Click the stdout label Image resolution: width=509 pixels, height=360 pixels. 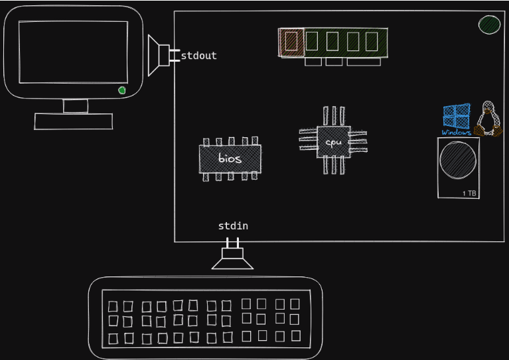(198, 56)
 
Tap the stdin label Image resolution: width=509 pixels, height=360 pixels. (233, 226)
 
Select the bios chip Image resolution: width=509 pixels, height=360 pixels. (230, 159)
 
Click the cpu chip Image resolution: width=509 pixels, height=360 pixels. (333, 142)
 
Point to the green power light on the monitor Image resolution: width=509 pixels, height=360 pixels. (121, 90)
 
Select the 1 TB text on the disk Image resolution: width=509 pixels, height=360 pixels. (469, 193)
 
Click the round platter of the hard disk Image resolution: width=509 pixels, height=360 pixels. (458, 159)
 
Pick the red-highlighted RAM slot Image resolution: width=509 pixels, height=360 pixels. (291, 42)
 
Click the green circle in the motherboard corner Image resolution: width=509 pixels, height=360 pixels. (490, 25)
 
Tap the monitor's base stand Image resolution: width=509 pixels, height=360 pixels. (74, 121)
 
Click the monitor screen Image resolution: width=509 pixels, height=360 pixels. (73, 52)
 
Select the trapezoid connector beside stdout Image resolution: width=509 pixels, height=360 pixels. (157, 56)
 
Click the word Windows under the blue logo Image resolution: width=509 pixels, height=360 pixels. (456, 133)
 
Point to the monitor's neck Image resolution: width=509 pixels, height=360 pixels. (75, 106)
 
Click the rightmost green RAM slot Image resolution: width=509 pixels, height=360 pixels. (372, 42)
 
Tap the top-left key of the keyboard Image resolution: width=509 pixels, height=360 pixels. (113, 306)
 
